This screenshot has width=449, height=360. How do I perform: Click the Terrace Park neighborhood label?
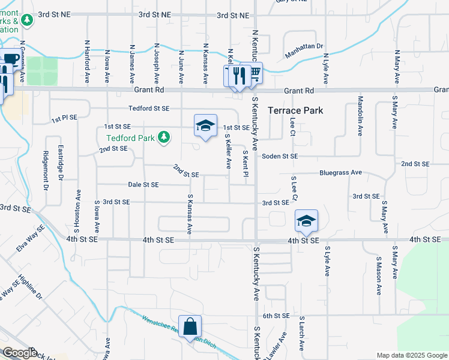(295, 110)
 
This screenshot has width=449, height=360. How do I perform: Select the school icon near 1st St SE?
(205, 125)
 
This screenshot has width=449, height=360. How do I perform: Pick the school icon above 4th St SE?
(306, 221)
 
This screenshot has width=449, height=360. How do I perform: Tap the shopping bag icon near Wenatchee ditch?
(190, 327)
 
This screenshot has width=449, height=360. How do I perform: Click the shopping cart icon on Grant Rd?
(255, 73)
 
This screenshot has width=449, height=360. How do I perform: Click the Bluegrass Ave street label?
(341, 172)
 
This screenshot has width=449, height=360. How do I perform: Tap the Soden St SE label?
(280, 156)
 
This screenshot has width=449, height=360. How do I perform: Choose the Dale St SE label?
(143, 185)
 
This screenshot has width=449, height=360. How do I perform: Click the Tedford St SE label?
(149, 109)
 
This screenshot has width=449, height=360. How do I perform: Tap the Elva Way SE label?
(31, 238)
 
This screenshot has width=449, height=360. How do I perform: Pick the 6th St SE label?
(276, 316)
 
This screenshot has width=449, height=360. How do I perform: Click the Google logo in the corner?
(19, 353)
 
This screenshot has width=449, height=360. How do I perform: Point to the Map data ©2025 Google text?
(411, 355)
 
